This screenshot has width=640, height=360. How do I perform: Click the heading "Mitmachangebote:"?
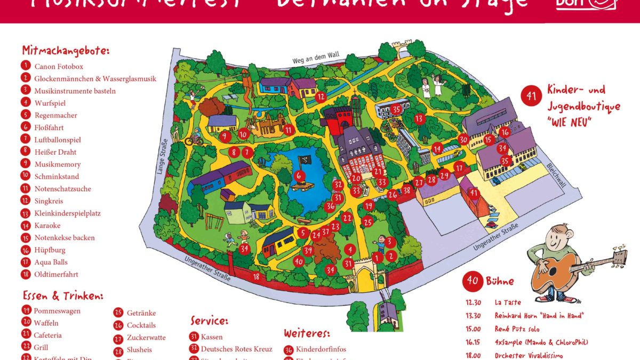[x=66, y=51]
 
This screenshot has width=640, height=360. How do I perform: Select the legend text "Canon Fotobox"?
[x=59, y=67]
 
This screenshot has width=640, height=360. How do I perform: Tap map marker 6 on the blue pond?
[x=299, y=175]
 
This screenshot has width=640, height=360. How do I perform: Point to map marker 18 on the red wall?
[x=256, y=276]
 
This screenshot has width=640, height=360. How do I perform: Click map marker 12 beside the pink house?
[x=320, y=97]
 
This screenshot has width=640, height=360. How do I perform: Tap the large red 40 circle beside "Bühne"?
[x=472, y=281]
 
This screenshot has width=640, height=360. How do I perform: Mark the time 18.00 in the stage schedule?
[x=473, y=356]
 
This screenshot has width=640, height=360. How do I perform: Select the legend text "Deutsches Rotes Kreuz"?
[x=236, y=349]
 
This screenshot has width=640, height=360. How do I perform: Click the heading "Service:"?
[x=209, y=321]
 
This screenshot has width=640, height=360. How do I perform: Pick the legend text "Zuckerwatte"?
[x=146, y=338]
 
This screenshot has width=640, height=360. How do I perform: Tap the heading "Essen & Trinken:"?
[x=63, y=296]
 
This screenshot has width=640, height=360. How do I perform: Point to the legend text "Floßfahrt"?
[x=50, y=127]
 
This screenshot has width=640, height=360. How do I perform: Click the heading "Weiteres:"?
[x=307, y=334]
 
